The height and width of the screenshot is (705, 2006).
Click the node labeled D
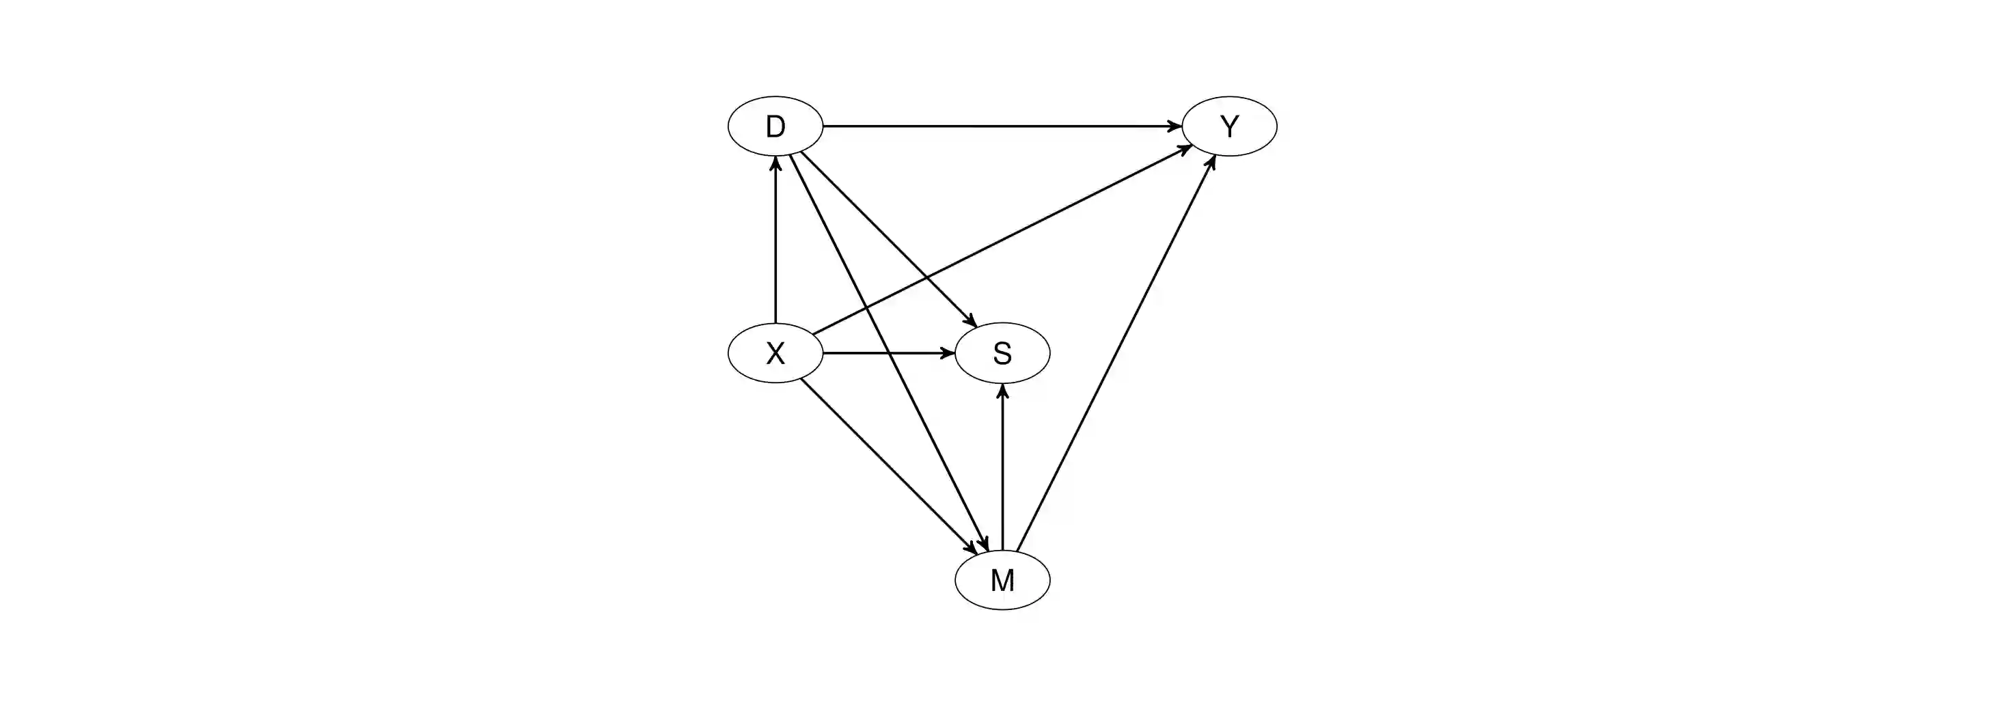point(775,126)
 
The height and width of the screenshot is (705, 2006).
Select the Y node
point(1229,126)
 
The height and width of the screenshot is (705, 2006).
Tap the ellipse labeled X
point(775,353)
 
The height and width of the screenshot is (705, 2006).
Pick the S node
point(1002,353)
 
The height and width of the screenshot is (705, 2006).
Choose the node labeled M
point(1002,579)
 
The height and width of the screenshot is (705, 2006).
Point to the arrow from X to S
point(888,353)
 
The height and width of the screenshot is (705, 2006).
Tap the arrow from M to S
point(1002,467)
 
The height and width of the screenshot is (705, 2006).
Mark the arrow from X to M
point(888,466)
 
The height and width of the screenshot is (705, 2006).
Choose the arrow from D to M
point(888,350)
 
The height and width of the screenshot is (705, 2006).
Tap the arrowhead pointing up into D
point(775,163)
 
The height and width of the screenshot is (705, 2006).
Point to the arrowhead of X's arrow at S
point(948,353)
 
